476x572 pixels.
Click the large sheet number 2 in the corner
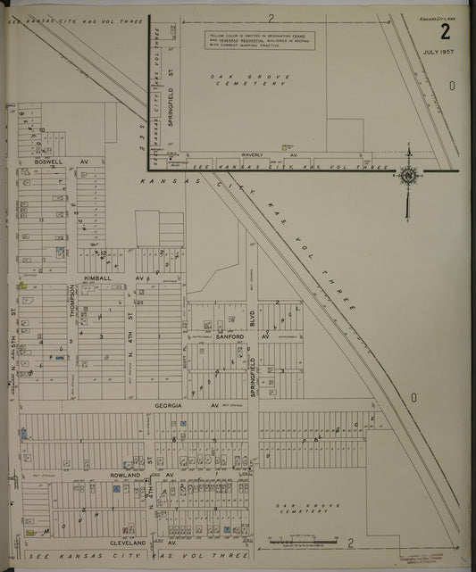point(444,33)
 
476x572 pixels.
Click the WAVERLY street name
point(253,154)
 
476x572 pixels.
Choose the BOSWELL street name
point(50,162)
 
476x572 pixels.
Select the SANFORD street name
point(230,337)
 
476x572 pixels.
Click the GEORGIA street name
point(169,405)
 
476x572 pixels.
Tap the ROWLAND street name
point(126,476)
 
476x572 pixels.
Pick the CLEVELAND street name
point(128,543)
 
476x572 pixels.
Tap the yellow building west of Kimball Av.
point(21,286)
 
